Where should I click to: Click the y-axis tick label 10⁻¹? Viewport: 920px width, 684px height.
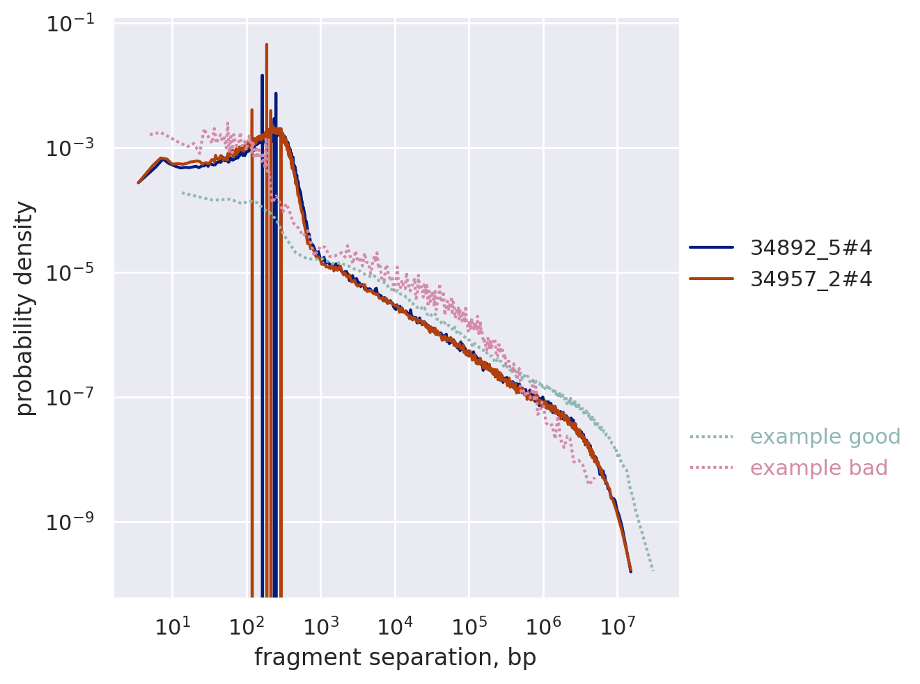click(75, 24)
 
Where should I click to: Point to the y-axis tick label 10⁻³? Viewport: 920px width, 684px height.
click(75, 149)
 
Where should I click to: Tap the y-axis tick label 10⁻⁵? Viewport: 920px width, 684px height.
click(75, 274)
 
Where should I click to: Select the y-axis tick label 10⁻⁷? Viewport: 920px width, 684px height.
click(75, 398)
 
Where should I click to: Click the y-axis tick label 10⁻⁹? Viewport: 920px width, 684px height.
click(75, 523)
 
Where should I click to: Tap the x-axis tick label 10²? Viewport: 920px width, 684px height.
click(246, 628)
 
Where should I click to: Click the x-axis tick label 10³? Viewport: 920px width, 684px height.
click(320, 628)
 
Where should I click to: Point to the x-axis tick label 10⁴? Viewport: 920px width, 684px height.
click(394, 628)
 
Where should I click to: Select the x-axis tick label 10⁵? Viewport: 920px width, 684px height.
click(469, 628)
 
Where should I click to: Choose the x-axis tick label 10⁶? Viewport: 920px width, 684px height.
click(543, 628)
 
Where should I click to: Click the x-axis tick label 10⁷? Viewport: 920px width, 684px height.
click(617, 628)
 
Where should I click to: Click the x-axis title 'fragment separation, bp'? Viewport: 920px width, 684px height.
click(395, 658)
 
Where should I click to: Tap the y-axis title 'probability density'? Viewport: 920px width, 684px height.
click(25, 308)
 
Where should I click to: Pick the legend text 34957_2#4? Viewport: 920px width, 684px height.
click(811, 279)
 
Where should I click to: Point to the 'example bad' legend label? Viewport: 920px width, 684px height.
click(818, 468)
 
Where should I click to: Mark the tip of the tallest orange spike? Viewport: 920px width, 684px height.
click(266, 45)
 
